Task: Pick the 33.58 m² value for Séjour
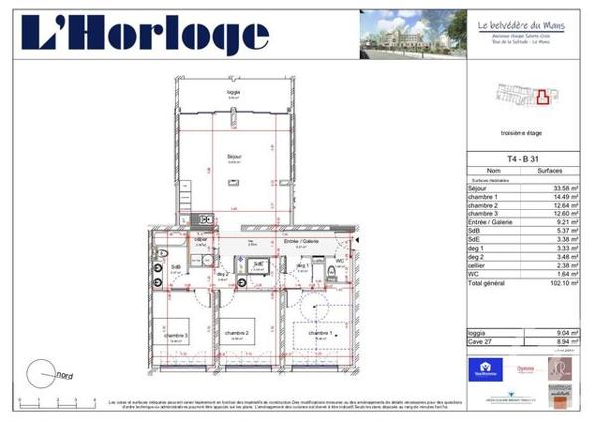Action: (x=562, y=187)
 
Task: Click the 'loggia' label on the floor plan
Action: (x=234, y=92)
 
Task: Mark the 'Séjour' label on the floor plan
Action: (x=235, y=156)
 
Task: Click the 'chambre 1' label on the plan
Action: (x=319, y=332)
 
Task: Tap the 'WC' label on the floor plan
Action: (x=338, y=261)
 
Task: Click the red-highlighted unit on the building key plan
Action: (x=543, y=97)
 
